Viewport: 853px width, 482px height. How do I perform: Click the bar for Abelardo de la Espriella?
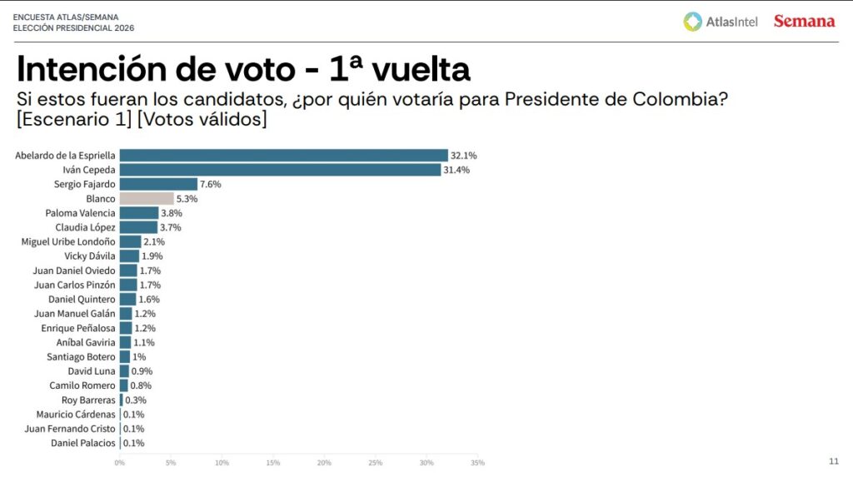[283, 156]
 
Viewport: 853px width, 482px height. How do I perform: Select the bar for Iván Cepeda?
[280, 170]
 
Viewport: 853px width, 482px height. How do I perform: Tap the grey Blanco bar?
[147, 199]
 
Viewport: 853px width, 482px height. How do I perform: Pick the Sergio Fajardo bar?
[158, 184]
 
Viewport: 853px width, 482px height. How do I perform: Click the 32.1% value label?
[465, 156]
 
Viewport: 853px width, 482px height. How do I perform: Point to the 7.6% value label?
[210, 184]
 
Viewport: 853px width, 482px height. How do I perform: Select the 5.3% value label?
[187, 199]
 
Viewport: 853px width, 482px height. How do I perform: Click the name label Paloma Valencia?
[80, 213]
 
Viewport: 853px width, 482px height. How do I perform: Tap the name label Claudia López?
[85, 227]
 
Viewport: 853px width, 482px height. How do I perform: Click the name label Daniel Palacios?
[83, 443]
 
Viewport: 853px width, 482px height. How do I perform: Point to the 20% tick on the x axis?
[324, 463]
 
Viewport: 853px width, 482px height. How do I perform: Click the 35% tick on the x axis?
[477, 463]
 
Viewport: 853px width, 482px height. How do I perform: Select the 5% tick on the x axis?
[171, 463]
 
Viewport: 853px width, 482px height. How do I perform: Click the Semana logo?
[804, 21]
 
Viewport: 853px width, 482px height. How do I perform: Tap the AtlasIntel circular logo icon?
[692, 22]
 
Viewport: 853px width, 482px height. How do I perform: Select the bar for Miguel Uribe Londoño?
[130, 241]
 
